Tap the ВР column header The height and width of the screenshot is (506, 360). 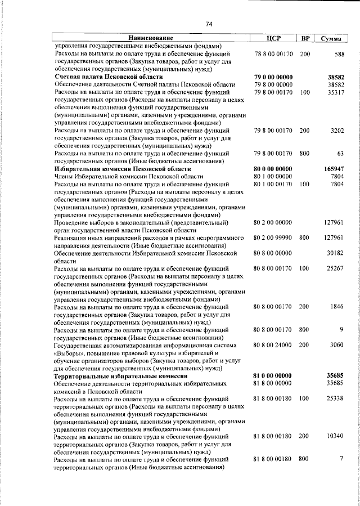[x=305, y=38]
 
